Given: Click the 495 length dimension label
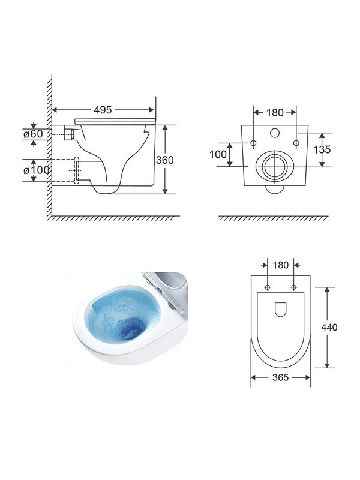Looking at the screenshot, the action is point(103,110).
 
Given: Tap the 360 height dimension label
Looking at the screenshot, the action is point(164,160).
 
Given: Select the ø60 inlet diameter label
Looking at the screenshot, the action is point(34,134).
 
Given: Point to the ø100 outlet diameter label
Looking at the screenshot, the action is point(36,170).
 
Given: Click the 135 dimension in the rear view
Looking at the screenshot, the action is point(322,149).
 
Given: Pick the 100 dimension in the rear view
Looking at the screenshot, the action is point(218,154).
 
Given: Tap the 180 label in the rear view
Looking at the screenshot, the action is point(275,113).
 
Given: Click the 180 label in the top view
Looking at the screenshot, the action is point(280,265).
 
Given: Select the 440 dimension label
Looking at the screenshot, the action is point(329,327).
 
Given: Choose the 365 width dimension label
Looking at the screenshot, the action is point(280,377).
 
